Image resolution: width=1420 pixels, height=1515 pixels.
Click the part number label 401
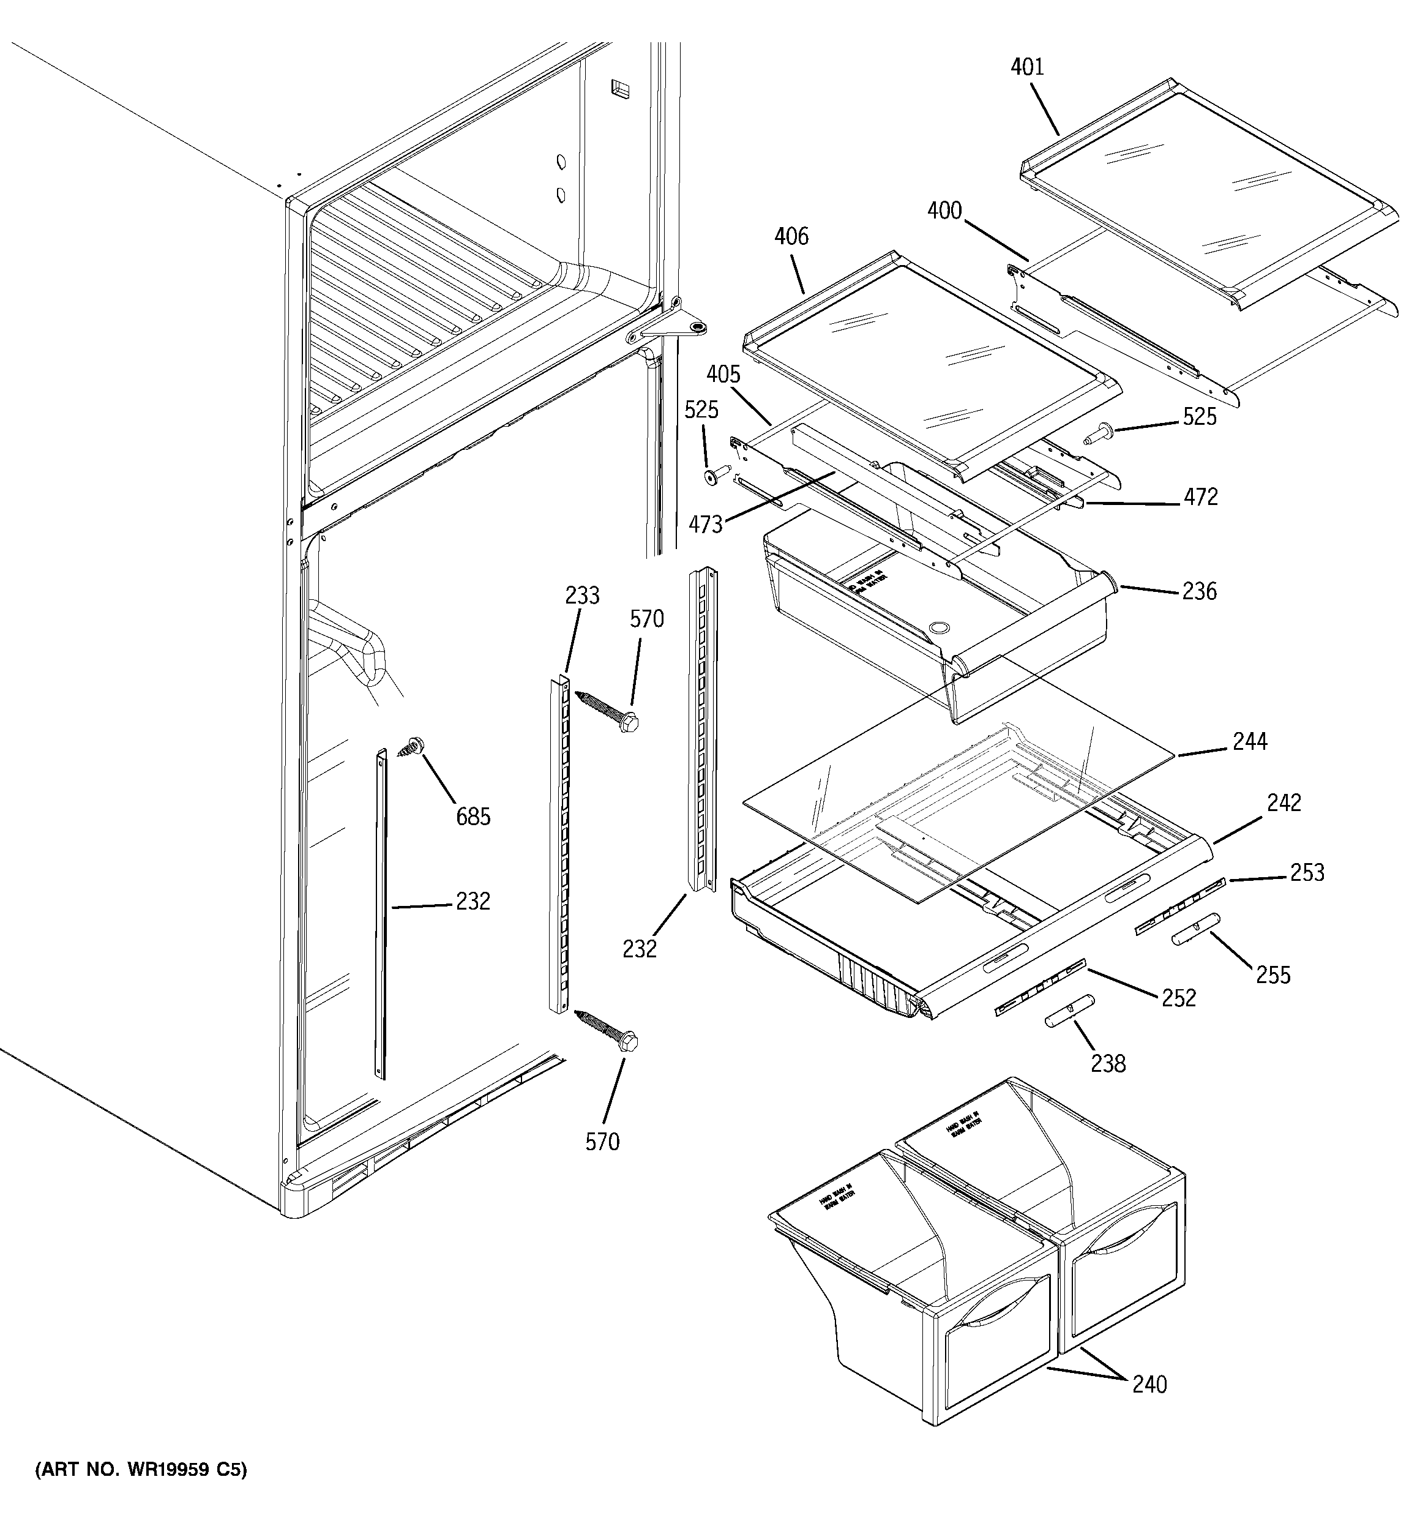click(x=1026, y=67)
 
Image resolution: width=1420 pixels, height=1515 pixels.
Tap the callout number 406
click(x=791, y=236)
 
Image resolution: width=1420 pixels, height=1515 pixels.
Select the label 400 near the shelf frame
click(x=944, y=211)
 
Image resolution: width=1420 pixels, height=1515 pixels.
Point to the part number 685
click(x=473, y=817)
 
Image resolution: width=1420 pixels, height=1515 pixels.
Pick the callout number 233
click(x=582, y=595)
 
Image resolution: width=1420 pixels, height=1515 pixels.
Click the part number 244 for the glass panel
click(x=1249, y=741)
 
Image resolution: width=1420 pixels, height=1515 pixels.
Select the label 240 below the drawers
click(x=1149, y=1384)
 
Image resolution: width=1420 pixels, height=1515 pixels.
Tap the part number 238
click(x=1107, y=1063)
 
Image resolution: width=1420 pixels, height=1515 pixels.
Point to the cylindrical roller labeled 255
click(x=1196, y=929)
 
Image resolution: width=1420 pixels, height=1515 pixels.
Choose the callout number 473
click(x=705, y=525)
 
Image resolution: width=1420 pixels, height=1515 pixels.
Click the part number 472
click(x=1200, y=497)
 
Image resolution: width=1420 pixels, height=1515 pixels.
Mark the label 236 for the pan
click(x=1199, y=591)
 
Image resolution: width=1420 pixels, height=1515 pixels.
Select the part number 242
click(x=1284, y=802)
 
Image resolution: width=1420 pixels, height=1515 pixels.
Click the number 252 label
click(x=1178, y=998)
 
